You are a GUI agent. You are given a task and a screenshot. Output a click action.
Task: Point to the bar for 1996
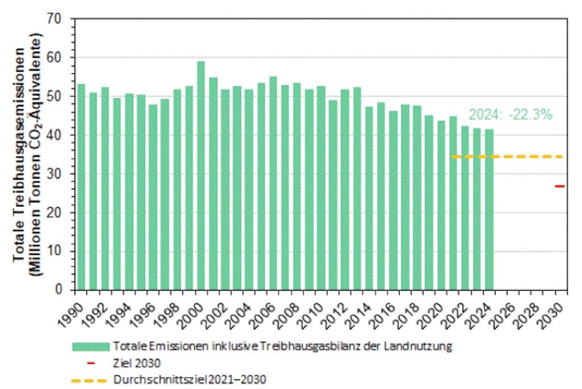pos(153,197)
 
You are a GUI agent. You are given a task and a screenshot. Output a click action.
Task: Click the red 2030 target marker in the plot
pos(560,186)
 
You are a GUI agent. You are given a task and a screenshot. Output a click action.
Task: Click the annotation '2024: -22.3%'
pos(510,114)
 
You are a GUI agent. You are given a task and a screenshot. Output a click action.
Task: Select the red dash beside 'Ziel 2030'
pos(90,362)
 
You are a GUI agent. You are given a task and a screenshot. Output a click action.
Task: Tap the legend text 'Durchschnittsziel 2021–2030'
pos(190,378)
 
